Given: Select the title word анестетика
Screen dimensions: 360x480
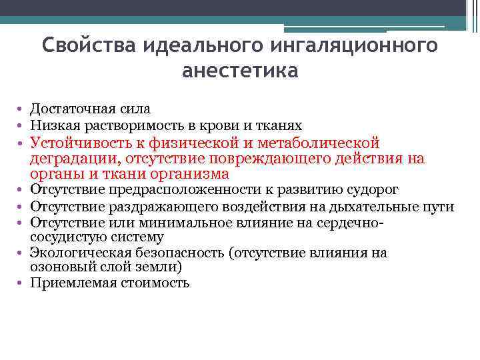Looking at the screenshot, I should click(240, 70).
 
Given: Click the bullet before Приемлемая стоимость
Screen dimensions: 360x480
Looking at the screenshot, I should click(22, 283).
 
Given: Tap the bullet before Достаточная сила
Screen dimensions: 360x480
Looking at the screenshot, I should click(22, 109).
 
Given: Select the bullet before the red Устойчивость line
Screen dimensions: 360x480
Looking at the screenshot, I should click(22, 143).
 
